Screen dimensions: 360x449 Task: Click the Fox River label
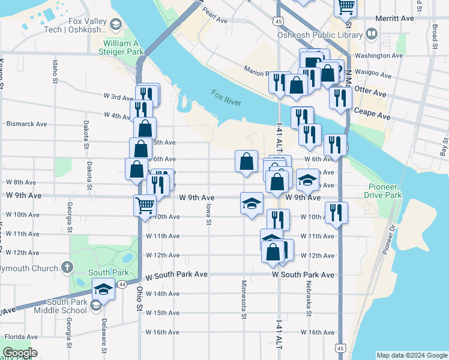point(226,98)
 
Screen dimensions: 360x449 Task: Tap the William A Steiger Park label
point(124,47)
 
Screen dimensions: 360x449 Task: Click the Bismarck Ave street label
point(26,124)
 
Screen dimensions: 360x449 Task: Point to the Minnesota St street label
point(244,299)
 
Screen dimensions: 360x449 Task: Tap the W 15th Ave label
point(163,313)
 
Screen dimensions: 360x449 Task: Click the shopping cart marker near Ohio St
point(145,205)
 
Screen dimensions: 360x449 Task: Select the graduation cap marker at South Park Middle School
point(103,290)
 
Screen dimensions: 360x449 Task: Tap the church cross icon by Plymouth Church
point(67,267)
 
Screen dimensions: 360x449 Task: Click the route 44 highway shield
point(122,284)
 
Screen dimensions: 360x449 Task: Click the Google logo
point(19,353)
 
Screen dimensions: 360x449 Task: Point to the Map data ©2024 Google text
point(411,355)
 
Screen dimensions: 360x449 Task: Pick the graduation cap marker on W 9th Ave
point(252,203)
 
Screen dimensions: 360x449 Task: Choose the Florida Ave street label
point(22,337)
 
